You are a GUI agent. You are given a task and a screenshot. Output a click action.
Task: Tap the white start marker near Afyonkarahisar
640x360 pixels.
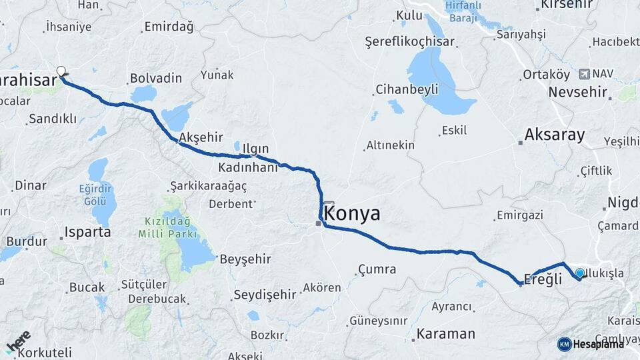tap(61, 71)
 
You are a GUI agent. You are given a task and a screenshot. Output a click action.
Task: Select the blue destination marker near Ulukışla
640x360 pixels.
tap(580, 273)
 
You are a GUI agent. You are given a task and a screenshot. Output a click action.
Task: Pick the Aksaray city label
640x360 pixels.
tap(554, 135)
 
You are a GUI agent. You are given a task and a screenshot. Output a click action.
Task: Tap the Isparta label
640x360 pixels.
tap(87, 233)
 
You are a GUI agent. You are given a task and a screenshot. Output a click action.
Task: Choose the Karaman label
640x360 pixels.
tap(446, 333)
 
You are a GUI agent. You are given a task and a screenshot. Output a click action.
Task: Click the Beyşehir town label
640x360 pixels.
tap(247, 258)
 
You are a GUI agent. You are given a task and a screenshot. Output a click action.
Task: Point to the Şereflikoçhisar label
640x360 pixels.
tap(410, 41)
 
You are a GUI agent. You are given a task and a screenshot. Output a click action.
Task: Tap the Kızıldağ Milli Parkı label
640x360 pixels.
tap(167, 227)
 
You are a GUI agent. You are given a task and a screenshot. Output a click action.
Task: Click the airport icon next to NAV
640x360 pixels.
tap(585, 73)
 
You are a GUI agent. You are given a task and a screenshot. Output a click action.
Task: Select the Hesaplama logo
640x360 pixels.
tap(591, 344)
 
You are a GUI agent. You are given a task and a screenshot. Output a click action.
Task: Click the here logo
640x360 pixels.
tap(18, 341)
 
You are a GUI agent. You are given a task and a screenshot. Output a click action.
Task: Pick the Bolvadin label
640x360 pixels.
tap(156, 78)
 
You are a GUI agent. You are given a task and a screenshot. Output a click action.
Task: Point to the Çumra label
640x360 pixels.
tap(377, 269)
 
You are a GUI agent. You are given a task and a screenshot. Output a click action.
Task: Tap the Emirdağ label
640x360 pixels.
tap(168, 27)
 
